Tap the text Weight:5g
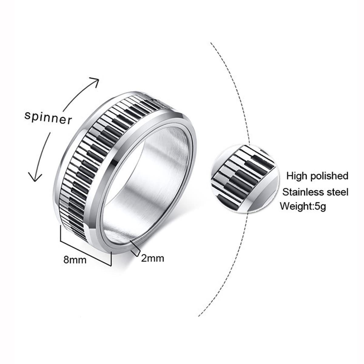click(303, 207)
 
